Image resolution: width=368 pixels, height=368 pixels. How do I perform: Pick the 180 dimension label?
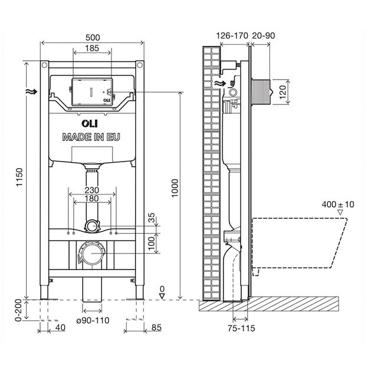click(x=91, y=200)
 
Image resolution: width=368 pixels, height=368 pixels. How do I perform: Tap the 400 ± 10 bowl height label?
click(x=338, y=204)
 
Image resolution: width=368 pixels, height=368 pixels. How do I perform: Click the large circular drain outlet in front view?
click(x=91, y=254)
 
